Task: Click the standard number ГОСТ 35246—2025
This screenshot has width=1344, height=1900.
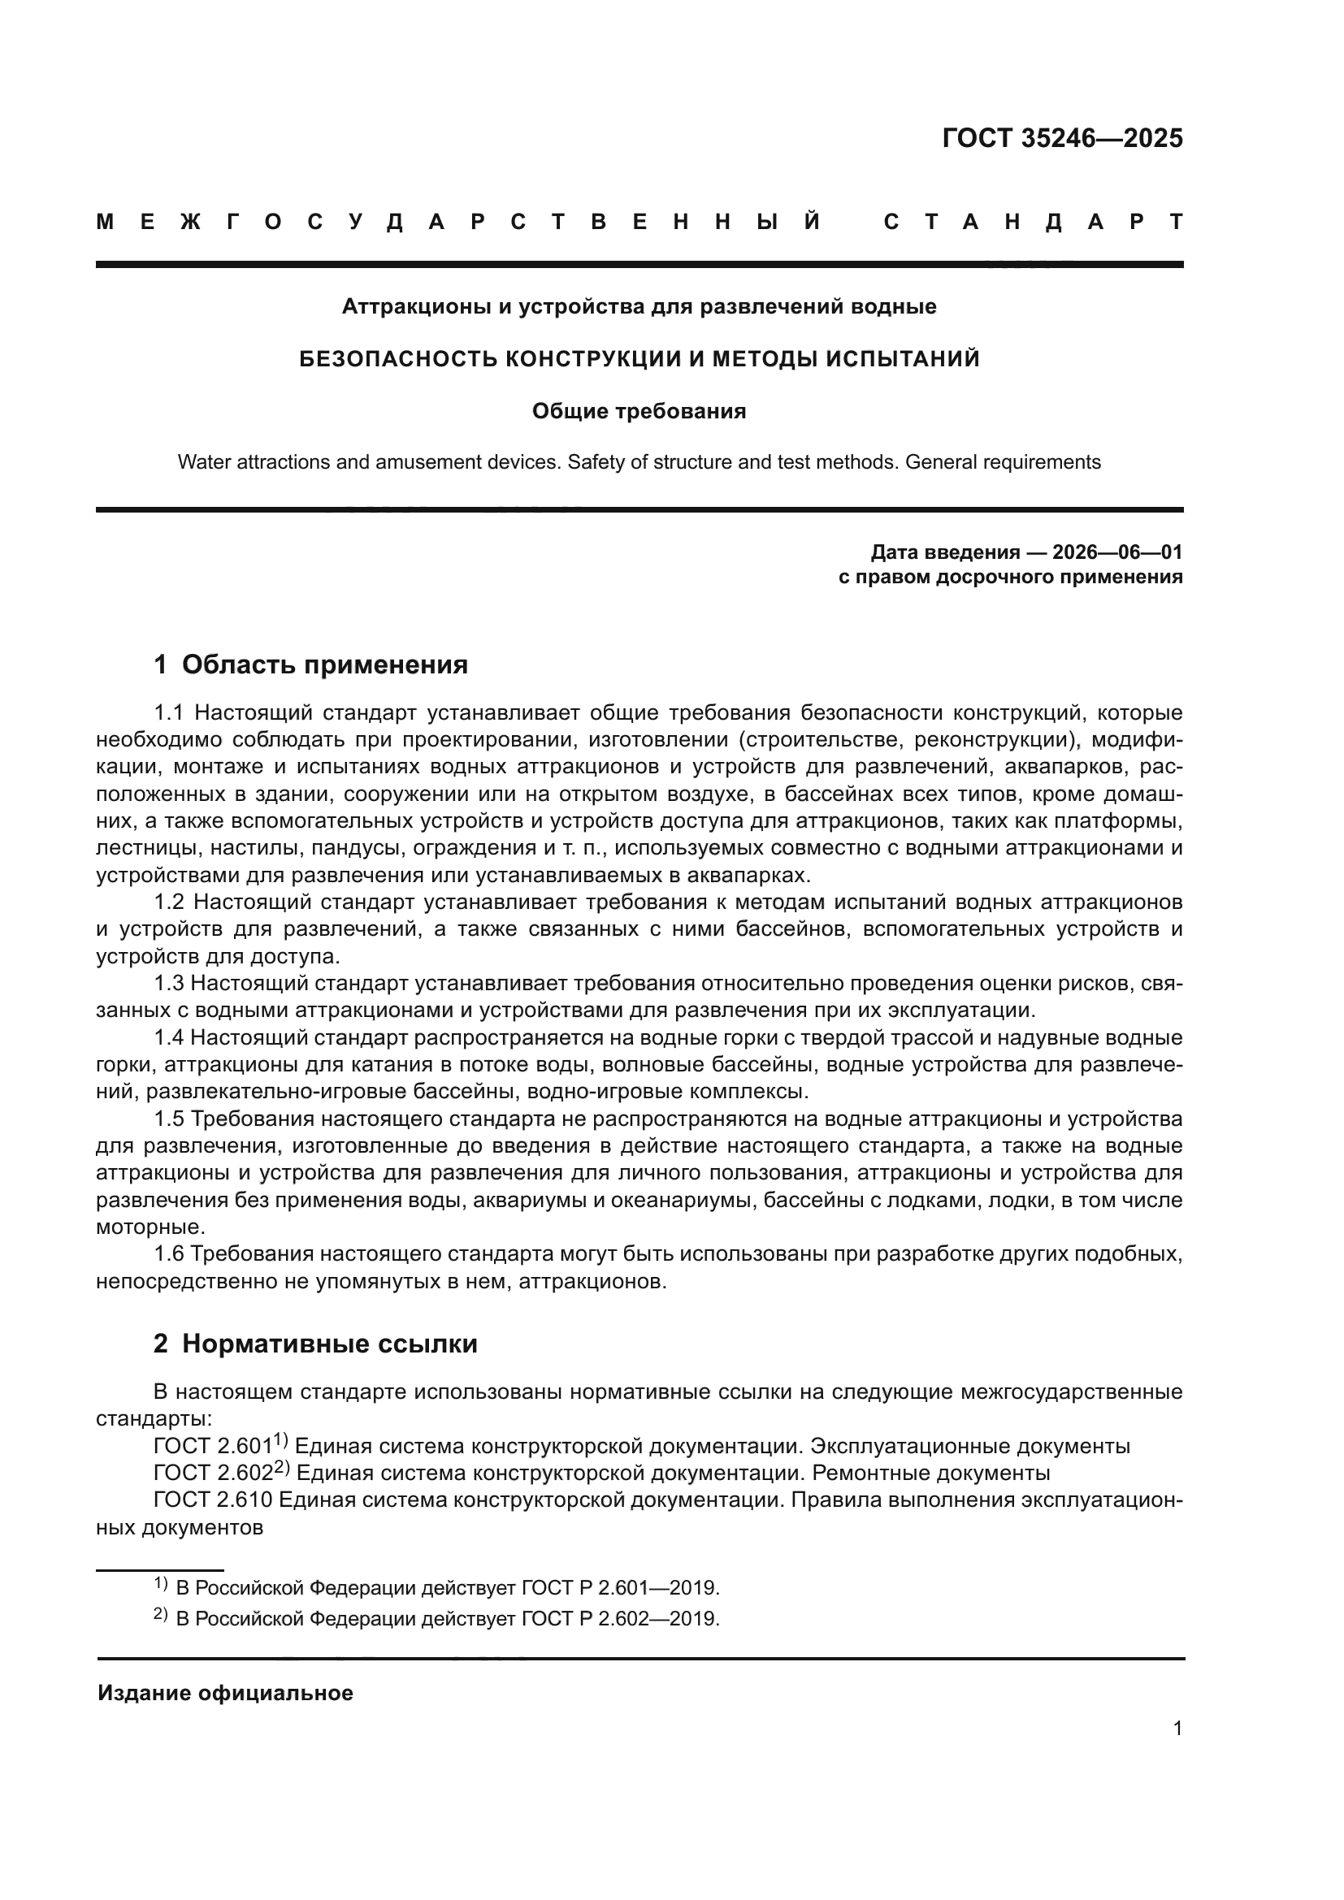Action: coord(1062,138)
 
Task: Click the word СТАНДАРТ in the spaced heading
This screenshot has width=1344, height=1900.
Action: coord(1034,222)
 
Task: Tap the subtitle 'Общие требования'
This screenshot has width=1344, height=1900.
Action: coord(639,411)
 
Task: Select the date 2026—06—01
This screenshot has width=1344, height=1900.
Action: coord(1116,552)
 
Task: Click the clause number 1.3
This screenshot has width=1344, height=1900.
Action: coord(169,984)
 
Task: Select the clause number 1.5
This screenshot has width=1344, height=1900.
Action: coord(169,1119)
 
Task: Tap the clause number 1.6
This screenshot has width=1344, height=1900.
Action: coord(169,1254)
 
